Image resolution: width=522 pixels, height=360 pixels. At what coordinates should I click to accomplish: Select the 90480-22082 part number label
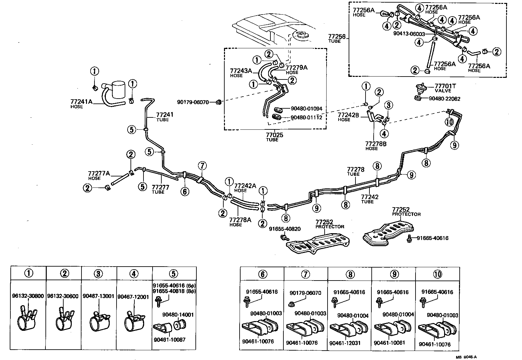444,99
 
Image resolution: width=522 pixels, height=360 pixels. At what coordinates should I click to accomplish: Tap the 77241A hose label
81,102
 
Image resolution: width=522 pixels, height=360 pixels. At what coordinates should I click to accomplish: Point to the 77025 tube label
274,135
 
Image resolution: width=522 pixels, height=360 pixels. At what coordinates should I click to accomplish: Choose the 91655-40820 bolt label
284,229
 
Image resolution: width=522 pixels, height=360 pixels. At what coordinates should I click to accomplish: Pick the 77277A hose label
99,173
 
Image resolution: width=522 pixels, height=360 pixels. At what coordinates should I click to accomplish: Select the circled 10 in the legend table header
437,274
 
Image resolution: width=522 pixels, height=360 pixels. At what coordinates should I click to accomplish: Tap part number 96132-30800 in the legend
28,296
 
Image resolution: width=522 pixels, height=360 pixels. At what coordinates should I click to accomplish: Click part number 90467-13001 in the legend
98,296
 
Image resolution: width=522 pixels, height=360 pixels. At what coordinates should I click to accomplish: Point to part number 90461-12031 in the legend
345,343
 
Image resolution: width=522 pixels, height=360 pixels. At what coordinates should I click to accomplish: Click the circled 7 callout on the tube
202,166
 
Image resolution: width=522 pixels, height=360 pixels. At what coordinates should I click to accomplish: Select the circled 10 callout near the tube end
449,122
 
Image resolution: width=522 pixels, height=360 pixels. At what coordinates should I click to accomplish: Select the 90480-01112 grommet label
306,117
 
